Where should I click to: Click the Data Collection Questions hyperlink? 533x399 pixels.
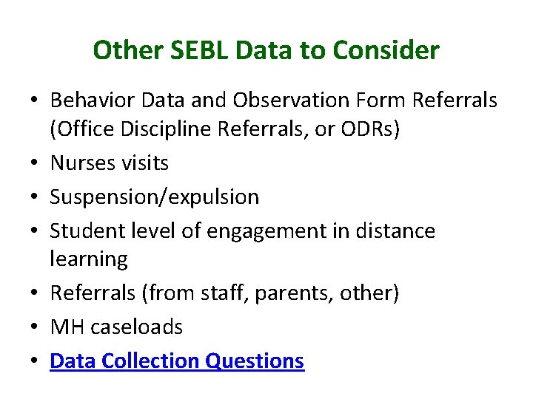[176, 361]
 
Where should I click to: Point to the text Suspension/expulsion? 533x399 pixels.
[154, 197]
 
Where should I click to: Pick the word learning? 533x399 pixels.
[88, 259]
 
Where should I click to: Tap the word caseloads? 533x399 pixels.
[136, 327]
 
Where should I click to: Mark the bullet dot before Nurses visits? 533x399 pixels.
[36, 163]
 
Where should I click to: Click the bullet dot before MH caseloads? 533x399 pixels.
[36, 327]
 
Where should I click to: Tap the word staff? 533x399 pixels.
[223, 293]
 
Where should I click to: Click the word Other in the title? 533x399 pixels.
[118, 51]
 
